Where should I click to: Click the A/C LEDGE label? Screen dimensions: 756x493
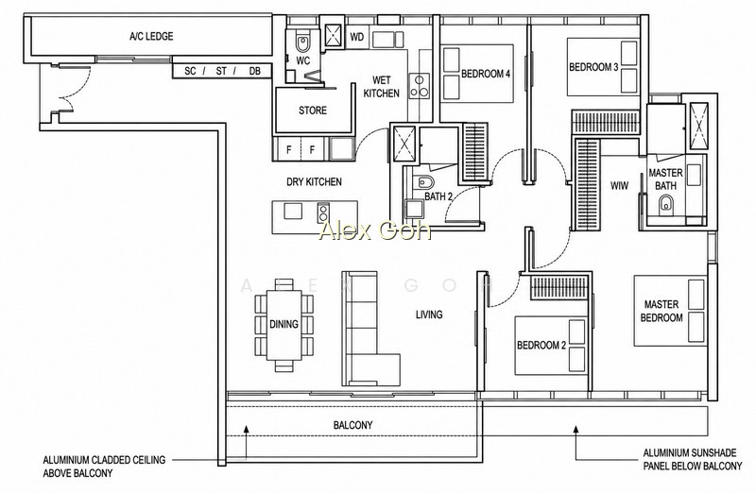click(x=151, y=36)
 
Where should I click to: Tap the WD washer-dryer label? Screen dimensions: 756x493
click(x=357, y=37)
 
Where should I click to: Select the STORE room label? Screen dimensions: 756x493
click(x=313, y=110)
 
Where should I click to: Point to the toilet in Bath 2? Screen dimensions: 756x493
click(x=424, y=182)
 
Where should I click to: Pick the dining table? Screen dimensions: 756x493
click(x=284, y=324)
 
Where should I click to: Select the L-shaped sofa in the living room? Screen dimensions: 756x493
click(x=370, y=329)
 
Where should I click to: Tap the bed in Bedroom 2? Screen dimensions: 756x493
click(x=551, y=345)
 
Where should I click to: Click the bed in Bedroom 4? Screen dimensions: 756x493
click(x=477, y=74)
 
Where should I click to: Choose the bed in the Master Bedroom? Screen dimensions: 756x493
click(x=670, y=311)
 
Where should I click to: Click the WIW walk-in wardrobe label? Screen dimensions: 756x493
click(x=619, y=185)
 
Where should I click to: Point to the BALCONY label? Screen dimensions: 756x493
click(x=352, y=425)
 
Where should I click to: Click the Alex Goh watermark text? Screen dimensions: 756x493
click(x=374, y=230)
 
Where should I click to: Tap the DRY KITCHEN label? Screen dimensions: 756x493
click(x=314, y=181)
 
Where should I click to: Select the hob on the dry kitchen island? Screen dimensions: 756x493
click(x=323, y=212)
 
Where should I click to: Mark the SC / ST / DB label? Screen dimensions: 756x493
click(x=222, y=71)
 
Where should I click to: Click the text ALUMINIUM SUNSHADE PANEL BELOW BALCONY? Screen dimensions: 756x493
click(x=693, y=459)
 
